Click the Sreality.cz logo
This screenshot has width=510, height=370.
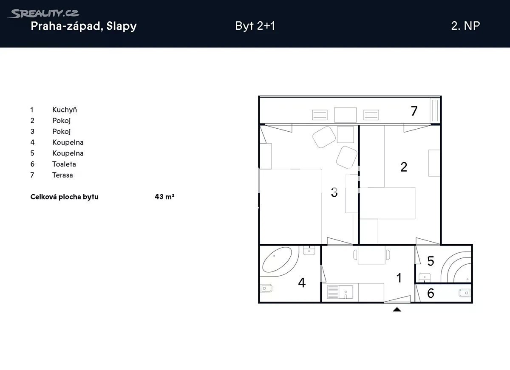click(x=43, y=14)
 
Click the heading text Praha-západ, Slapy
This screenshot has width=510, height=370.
click(x=84, y=26)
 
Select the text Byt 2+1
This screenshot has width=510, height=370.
click(x=255, y=26)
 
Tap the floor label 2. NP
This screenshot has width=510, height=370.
click(x=466, y=26)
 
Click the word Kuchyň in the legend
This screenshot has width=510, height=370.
click(x=65, y=110)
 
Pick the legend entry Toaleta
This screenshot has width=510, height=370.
click(x=64, y=164)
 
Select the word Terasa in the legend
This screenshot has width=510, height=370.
click(x=62, y=175)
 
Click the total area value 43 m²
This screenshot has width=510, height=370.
click(x=164, y=197)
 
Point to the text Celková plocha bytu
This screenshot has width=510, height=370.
click(x=65, y=197)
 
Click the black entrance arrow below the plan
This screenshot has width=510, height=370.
click(x=397, y=309)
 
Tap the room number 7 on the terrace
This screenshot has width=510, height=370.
click(x=414, y=111)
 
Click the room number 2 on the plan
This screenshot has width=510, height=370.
click(x=404, y=167)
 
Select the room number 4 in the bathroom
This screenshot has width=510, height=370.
click(x=302, y=282)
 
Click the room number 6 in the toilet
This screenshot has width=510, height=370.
click(x=431, y=293)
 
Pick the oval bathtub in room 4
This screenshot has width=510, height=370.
click(x=277, y=260)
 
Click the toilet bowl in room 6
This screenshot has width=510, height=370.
click(x=465, y=293)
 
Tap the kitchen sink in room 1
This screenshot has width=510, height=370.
click(x=340, y=292)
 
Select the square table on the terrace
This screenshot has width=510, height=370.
click(x=345, y=115)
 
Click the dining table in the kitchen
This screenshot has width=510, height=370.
click(x=371, y=254)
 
